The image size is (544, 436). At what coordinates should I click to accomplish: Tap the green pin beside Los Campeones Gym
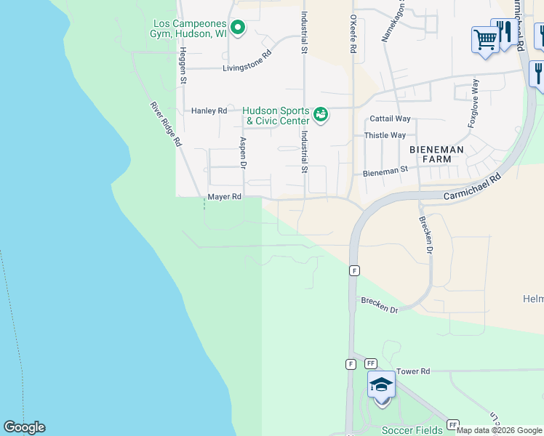tap(238, 28)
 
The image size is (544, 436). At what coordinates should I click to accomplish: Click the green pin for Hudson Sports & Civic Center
tap(319, 114)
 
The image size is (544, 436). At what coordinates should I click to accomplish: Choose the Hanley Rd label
tap(209, 110)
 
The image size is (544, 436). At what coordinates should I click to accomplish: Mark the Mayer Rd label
tap(224, 196)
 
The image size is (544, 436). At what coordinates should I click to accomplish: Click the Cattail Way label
tap(390, 118)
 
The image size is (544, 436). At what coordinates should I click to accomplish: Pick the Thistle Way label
tap(385, 135)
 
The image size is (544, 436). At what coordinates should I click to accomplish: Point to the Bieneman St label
tap(385, 173)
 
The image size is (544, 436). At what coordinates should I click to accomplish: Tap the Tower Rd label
tap(413, 371)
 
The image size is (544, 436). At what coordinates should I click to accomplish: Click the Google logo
tap(24, 427)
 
